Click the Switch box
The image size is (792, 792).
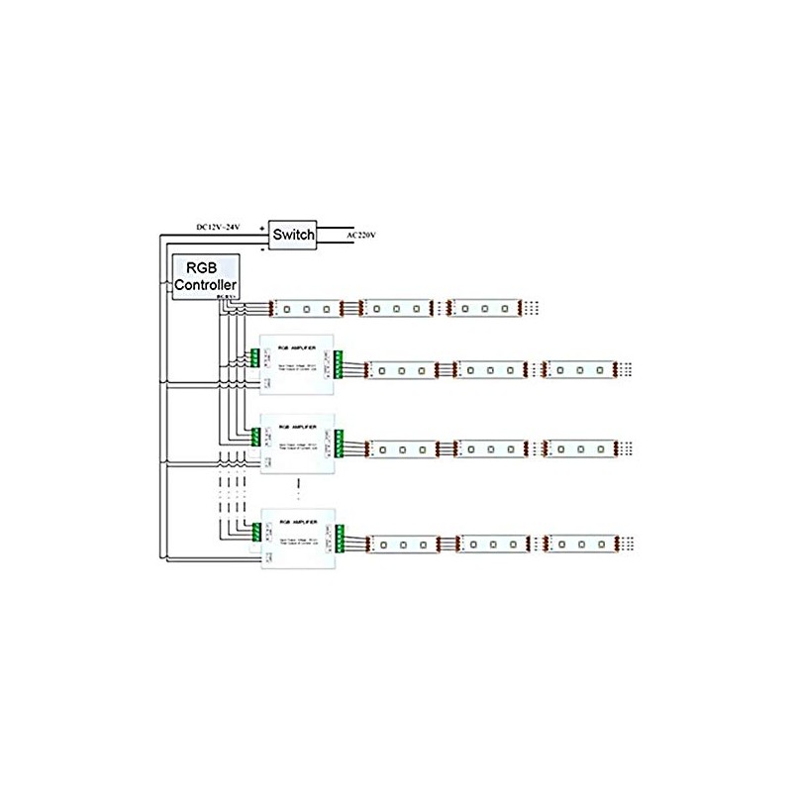click(x=293, y=235)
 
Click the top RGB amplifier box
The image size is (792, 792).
click(x=298, y=362)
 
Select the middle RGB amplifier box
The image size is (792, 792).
click(x=298, y=442)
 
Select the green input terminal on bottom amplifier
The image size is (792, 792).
click(x=256, y=532)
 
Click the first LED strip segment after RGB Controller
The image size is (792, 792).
click(x=308, y=309)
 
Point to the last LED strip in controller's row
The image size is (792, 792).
click(x=484, y=309)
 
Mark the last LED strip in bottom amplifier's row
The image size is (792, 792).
click(x=581, y=544)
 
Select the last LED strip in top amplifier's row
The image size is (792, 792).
click(x=581, y=371)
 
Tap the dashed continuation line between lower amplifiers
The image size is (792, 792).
click(x=298, y=489)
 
